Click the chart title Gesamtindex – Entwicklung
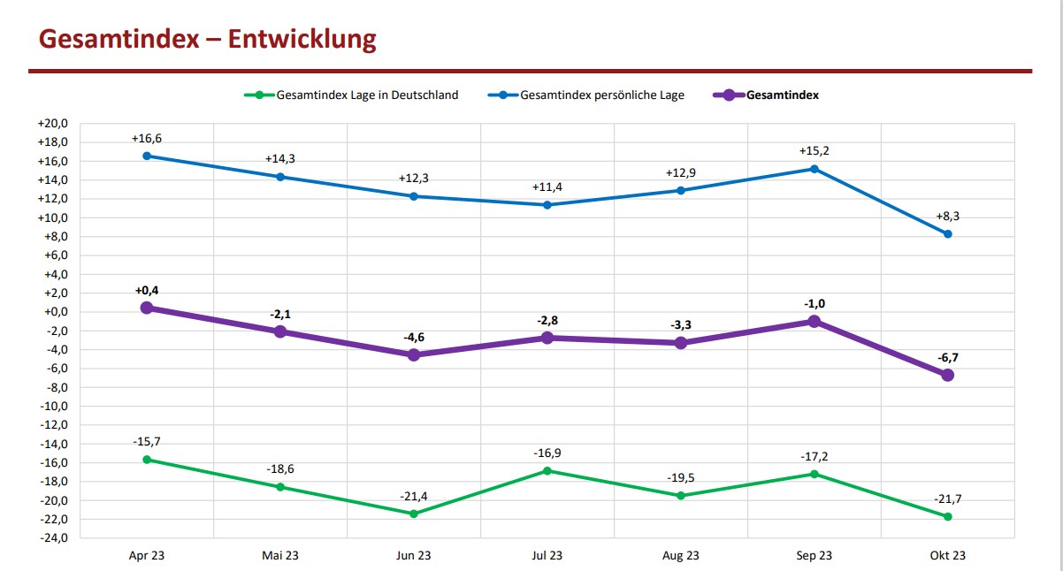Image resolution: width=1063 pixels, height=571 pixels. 208,40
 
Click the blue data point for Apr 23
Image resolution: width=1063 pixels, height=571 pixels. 147,156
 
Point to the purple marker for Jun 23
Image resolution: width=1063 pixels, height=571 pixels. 413,355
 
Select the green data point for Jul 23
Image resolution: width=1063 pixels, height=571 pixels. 547,471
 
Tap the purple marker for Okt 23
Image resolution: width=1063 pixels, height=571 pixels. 947,375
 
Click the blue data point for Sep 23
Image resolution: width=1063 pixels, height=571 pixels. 814,169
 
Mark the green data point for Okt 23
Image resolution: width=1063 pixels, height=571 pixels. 947,516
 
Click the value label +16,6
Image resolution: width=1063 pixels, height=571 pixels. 147,139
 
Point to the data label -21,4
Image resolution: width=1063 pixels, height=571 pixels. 413,497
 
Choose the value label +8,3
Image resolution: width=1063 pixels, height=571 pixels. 947,217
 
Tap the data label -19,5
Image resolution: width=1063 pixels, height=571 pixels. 680,478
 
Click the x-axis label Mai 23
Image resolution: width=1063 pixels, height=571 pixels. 279,556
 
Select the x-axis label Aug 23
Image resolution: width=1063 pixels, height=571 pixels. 680,556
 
